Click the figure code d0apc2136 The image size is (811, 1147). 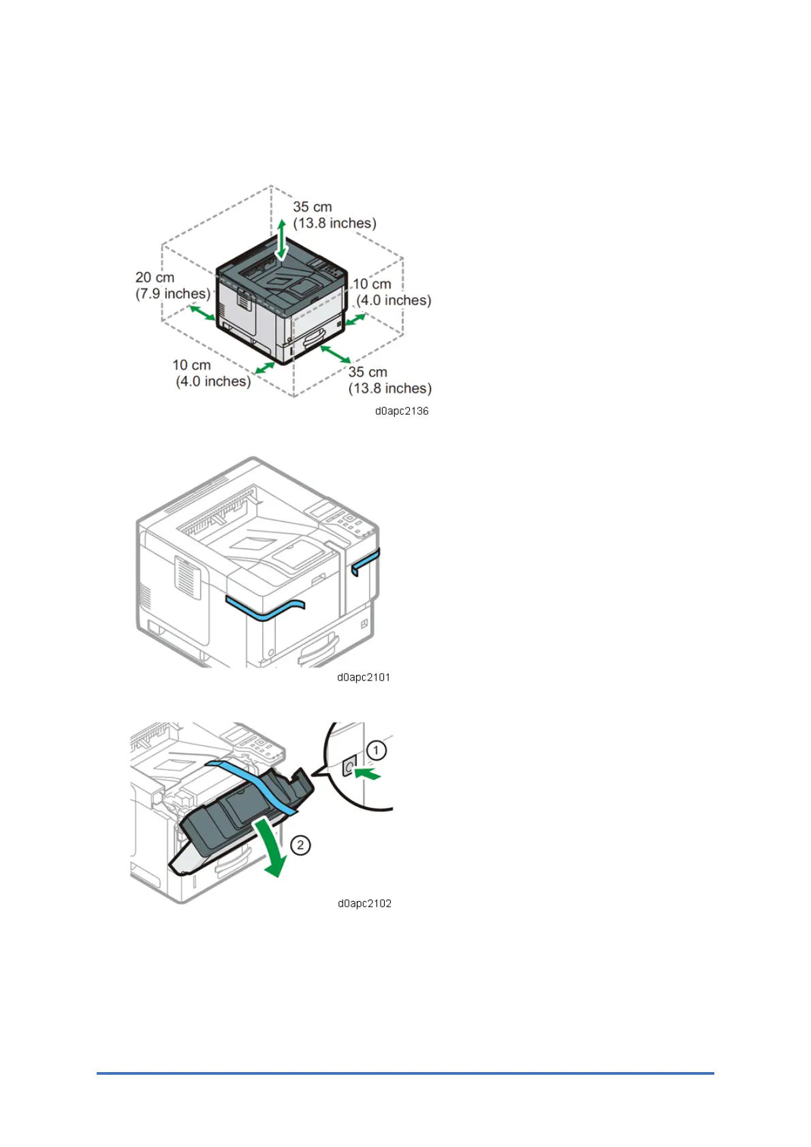402,411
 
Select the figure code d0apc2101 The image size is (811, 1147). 364,678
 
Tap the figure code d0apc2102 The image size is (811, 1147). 364,904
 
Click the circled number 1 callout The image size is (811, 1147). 377,751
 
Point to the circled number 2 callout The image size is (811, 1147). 300,845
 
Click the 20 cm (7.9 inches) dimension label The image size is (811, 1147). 173,286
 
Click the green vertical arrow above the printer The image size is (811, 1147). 281,240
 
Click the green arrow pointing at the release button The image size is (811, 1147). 368,774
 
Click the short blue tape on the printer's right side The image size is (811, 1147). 365,561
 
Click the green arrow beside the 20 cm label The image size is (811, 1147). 202,313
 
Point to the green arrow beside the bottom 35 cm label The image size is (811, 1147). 336,354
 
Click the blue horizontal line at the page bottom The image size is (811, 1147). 405,1073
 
